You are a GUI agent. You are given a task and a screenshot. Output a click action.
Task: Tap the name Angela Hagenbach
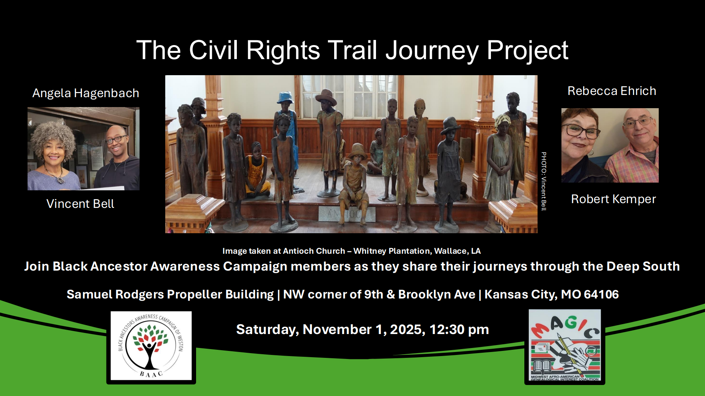86,93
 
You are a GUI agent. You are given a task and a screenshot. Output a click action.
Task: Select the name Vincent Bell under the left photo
80,204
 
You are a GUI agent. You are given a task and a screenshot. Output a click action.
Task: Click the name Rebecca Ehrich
612,91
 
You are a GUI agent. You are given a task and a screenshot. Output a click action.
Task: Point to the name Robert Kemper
613,199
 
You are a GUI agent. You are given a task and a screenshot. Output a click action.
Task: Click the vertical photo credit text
544,181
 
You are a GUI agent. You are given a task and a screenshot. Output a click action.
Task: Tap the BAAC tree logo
151,346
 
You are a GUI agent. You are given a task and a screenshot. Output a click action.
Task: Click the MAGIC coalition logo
565,345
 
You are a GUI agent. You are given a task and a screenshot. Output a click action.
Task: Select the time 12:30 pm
459,330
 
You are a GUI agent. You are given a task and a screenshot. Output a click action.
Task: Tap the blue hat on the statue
285,97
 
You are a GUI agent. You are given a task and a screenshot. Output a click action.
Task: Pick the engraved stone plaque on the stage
347,214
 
